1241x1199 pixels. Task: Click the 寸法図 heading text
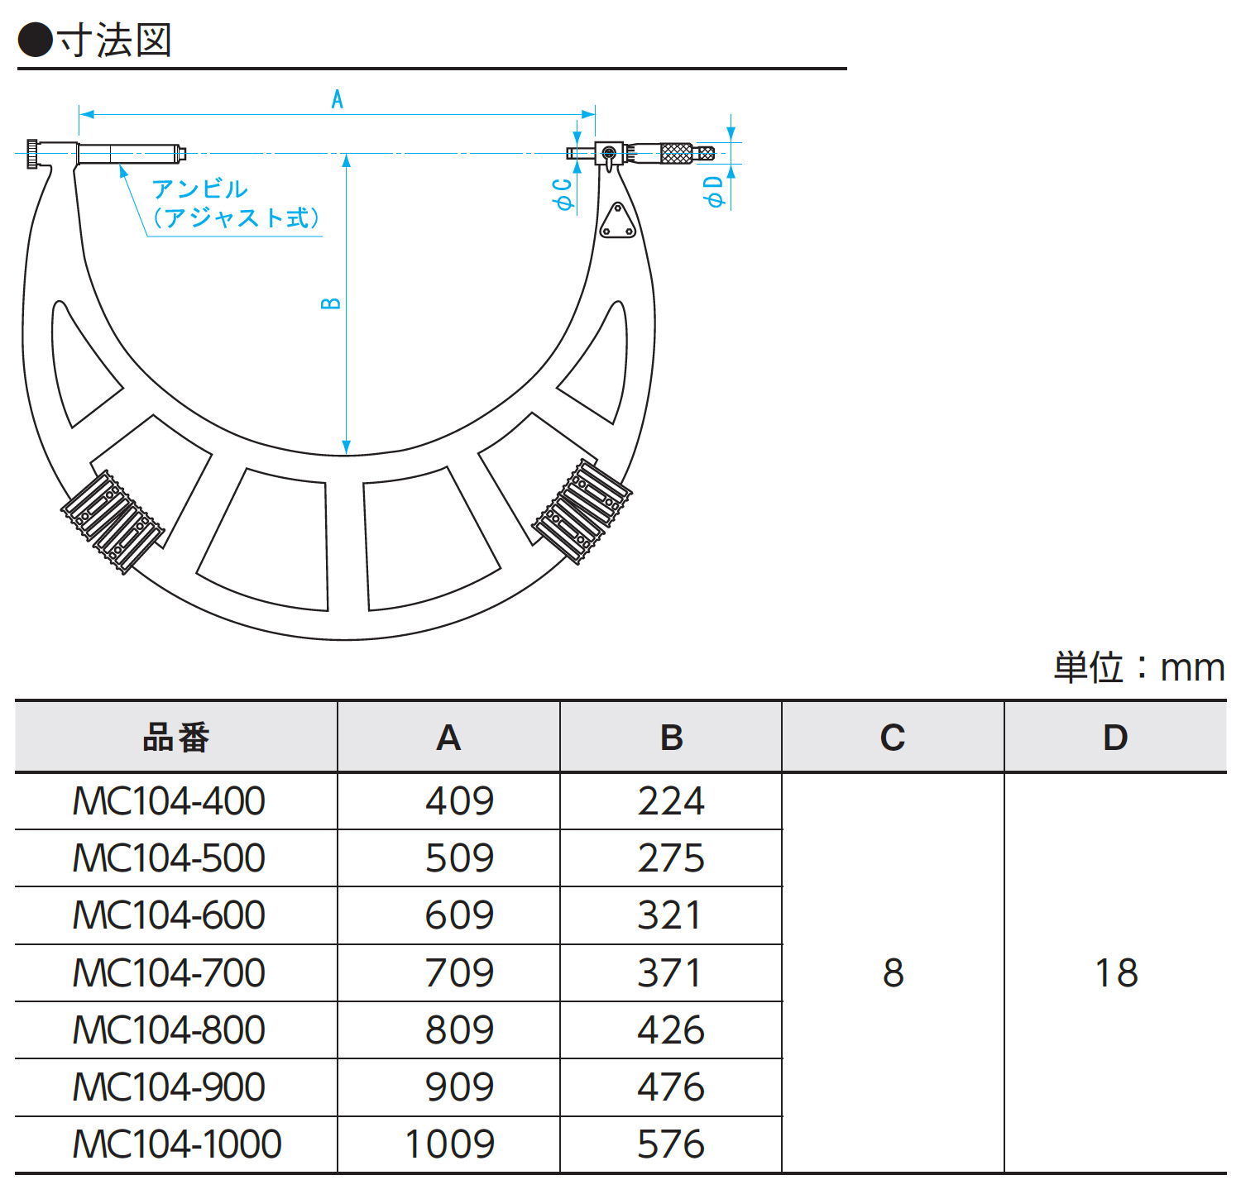(114, 40)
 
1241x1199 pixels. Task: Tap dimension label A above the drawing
(337, 99)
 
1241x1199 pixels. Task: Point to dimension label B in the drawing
(330, 303)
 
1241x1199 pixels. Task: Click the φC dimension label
(563, 193)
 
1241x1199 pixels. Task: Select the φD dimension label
(713, 191)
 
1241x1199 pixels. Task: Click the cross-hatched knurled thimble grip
(676, 153)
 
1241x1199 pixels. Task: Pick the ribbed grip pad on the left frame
(113, 522)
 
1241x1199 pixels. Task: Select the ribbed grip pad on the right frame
(582, 511)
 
